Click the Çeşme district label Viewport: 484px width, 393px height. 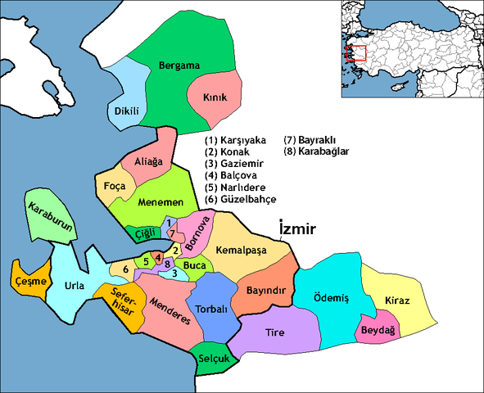click(x=30, y=280)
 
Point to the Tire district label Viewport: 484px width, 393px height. click(x=274, y=332)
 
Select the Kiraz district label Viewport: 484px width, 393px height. click(x=397, y=301)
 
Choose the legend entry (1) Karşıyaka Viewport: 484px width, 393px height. click(x=240, y=139)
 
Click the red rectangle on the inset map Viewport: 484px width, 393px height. click(x=355, y=53)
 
